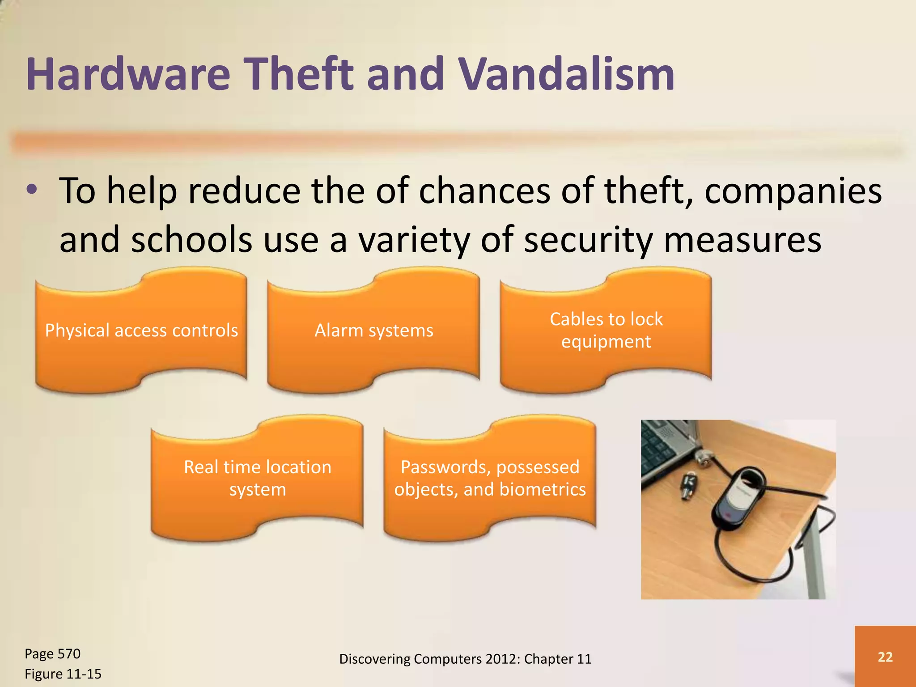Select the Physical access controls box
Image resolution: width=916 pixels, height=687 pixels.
tap(141, 331)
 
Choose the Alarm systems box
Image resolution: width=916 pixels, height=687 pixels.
tap(373, 331)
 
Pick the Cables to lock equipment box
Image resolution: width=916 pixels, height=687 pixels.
tap(606, 331)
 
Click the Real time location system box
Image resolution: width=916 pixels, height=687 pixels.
tap(257, 478)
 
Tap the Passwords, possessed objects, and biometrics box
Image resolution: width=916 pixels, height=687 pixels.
tap(490, 478)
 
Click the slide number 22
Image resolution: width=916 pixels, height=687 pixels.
tap(885, 657)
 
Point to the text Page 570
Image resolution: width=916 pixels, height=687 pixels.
tap(52, 654)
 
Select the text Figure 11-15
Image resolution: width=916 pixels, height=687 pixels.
tap(63, 674)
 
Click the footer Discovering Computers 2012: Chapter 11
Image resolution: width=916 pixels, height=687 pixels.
tap(465, 659)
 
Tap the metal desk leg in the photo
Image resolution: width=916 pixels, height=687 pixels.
tap(814, 559)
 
